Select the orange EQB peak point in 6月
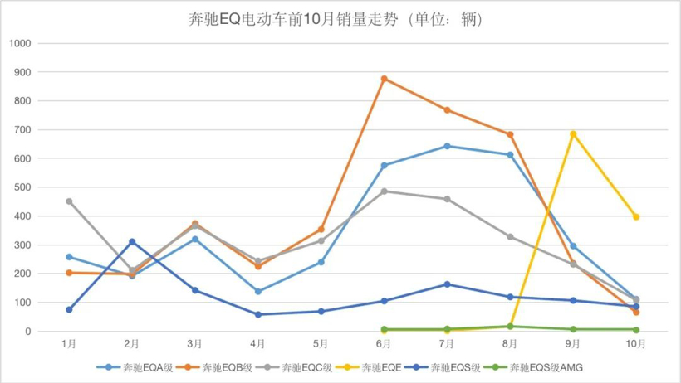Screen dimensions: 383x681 (384, 79)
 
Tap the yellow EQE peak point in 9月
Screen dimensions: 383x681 (573, 133)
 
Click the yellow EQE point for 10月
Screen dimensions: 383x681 (636, 216)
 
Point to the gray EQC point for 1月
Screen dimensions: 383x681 (69, 201)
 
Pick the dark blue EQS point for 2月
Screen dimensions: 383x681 (132, 242)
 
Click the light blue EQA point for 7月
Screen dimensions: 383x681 (447, 146)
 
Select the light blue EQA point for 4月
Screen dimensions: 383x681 (258, 291)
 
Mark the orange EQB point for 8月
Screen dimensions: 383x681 (510, 134)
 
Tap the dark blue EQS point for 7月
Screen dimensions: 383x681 (447, 284)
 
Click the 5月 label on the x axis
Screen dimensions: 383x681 (321, 343)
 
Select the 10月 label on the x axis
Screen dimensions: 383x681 (636, 343)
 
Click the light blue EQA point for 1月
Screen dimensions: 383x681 (69, 257)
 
